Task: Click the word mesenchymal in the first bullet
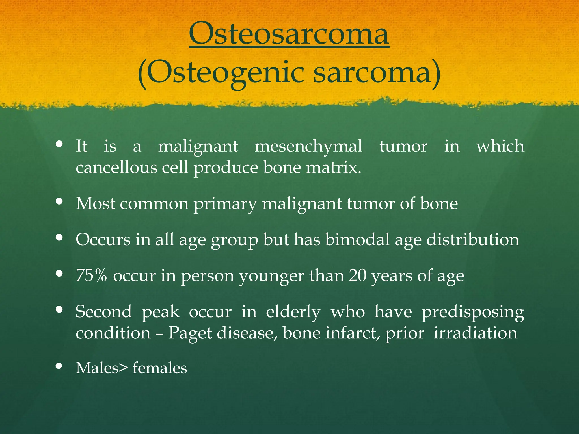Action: coord(308,147)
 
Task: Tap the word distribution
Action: coord(473,240)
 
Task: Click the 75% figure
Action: coord(91,275)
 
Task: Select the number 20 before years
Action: coord(357,275)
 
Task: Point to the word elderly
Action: coord(293,312)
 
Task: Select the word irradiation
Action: coord(475,333)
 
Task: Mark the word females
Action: coord(160,368)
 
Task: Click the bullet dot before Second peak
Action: coord(59,309)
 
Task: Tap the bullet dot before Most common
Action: coord(59,201)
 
